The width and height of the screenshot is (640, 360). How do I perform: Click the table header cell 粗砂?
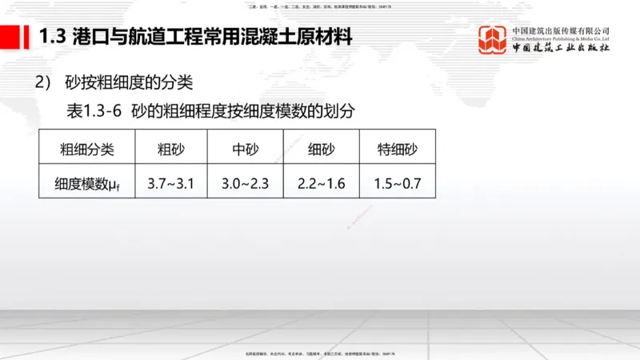(171, 148)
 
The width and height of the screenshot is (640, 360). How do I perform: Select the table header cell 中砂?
(246, 148)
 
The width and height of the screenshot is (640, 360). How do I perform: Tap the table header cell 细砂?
(321, 148)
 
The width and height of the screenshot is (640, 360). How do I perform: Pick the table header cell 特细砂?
(398, 148)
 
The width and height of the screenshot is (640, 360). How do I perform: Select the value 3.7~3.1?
(171, 183)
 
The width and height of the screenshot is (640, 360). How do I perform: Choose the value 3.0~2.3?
(246, 183)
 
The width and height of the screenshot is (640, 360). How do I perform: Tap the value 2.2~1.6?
(321, 183)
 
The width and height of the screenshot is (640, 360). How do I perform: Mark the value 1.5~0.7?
(398, 183)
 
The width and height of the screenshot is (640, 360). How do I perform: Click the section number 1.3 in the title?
(53, 37)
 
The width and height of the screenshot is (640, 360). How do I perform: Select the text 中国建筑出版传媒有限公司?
(560, 30)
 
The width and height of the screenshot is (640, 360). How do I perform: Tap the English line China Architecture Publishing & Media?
(560, 38)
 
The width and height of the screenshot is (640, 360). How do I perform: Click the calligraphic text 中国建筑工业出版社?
(560, 48)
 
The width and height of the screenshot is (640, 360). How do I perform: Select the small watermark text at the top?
(320, 5)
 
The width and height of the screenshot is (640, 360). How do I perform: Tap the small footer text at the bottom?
(320, 354)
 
